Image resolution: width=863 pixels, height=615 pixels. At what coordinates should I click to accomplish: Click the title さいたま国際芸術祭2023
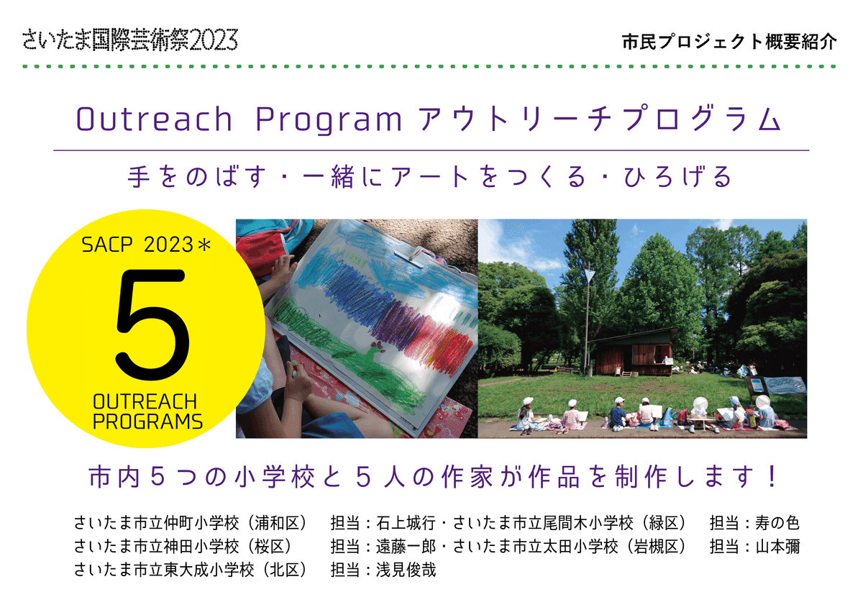(129, 40)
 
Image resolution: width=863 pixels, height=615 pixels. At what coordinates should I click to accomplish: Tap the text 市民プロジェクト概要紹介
(729, 42)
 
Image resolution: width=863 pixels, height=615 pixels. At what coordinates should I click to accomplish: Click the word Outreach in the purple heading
(154, 121)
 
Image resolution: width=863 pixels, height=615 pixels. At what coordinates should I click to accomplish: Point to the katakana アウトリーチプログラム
(599, 121)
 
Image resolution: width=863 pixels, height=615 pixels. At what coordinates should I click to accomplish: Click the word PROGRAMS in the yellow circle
(147, 422)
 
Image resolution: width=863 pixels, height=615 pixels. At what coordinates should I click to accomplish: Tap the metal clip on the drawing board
(414, 255)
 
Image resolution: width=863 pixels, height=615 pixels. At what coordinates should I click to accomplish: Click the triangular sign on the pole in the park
(590, 275)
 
